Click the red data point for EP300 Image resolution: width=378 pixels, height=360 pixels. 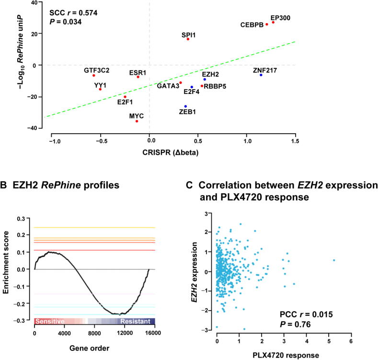point(273,23)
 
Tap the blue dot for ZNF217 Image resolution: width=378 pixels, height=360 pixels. point(261,75)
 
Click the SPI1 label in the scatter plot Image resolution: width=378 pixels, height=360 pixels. point(188,35)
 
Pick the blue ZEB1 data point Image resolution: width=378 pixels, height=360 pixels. point(185,106)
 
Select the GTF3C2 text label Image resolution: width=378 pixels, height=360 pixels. point(96,70)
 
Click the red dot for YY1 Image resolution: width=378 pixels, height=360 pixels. point(100,89)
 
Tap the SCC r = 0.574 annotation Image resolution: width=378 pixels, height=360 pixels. point(74,13)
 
